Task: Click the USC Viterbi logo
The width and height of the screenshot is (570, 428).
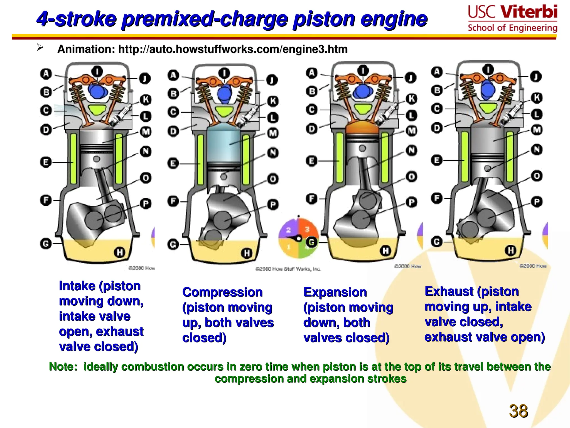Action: [512, 18]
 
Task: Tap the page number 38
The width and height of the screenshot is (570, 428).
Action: [518, 411]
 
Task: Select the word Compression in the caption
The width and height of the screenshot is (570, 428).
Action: [222, 292]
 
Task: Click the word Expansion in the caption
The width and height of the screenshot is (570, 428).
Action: [335, 292]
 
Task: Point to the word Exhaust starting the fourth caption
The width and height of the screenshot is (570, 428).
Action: [449, 291]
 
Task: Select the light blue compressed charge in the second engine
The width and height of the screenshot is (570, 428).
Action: [223, 145]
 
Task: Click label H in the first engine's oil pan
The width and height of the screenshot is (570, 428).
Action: [120, 252]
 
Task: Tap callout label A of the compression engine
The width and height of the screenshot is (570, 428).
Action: [173, 75]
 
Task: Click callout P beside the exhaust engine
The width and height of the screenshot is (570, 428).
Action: [537, 201]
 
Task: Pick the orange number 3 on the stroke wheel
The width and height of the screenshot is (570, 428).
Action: [307, 229]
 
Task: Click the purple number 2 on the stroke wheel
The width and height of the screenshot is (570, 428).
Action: [289, 230]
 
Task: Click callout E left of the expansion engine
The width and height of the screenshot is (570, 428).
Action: [311, 161]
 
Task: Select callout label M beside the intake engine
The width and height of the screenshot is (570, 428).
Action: [146, 132]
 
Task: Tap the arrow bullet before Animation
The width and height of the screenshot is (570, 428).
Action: [40, 48]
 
